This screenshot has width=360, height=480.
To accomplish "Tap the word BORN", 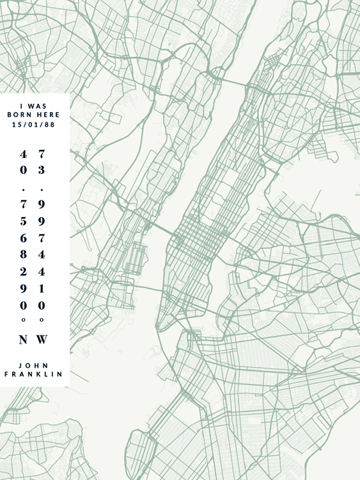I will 19,115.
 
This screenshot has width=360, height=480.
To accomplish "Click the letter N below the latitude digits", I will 23,340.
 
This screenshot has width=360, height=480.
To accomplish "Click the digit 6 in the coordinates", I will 23,237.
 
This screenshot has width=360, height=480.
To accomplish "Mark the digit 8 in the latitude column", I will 23,254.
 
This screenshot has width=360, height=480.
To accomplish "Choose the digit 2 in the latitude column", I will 23,271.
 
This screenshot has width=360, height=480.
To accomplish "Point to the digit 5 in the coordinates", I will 23,221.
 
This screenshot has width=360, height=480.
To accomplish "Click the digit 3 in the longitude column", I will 42,170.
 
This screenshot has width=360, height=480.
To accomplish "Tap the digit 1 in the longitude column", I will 42,288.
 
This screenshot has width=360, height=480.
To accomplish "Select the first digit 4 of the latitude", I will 23,154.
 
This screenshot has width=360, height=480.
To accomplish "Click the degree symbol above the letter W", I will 42,319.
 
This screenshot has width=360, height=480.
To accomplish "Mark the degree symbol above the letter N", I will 23,319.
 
